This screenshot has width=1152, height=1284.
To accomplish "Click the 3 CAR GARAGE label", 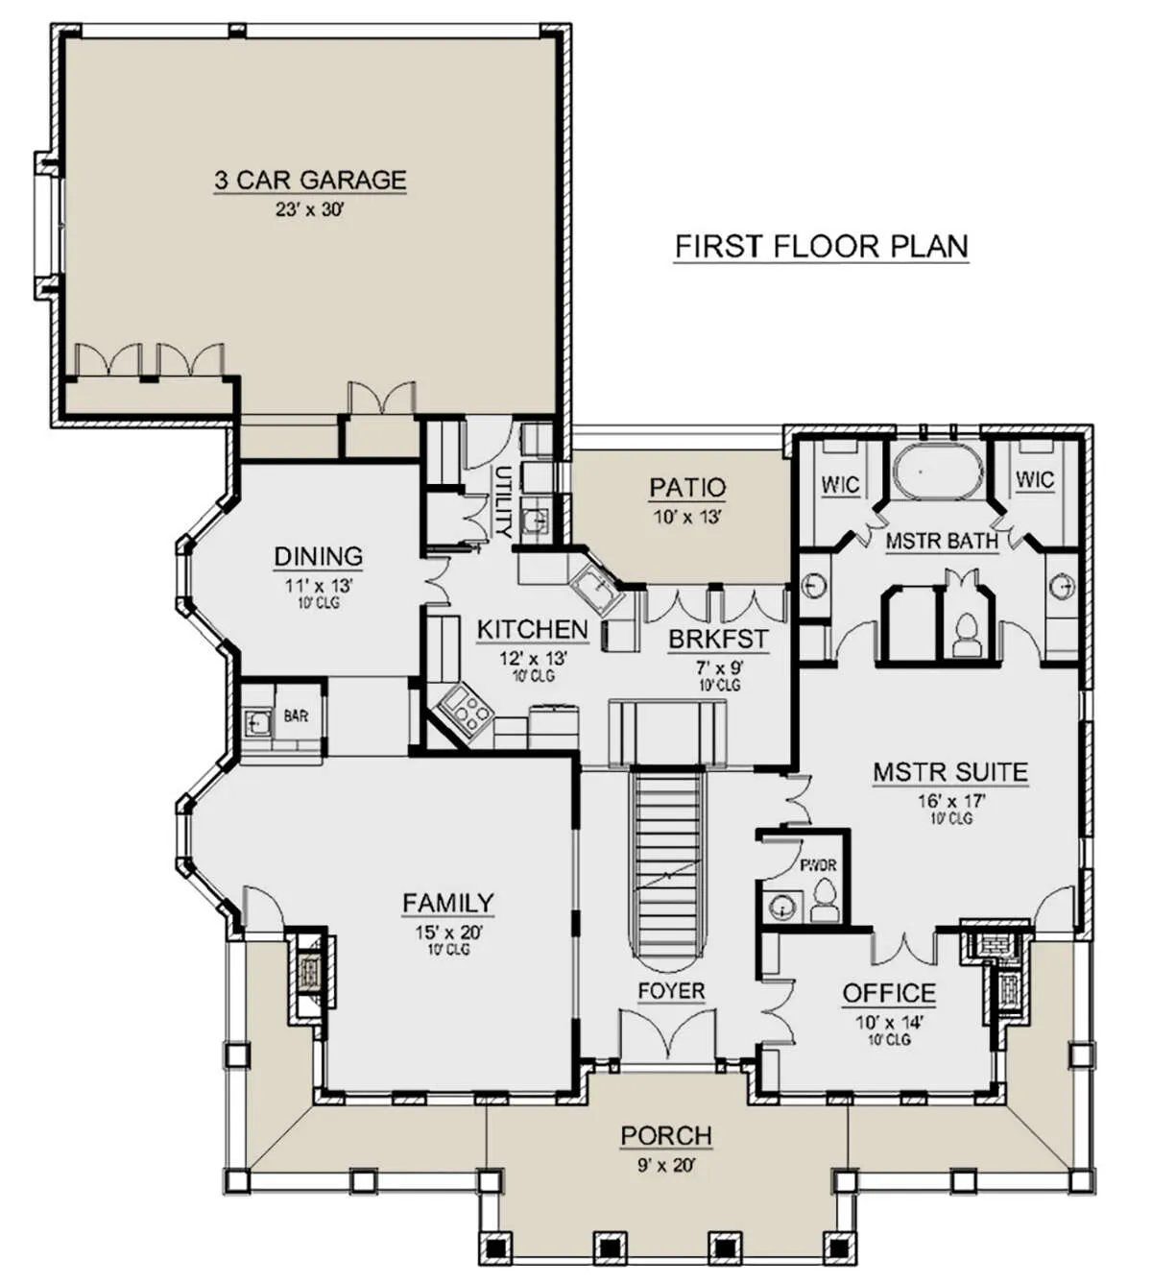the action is (x=310, y=180).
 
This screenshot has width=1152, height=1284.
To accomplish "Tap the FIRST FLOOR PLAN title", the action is (x=821, y=247).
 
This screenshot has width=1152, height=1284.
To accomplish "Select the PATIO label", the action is (x=687, y=488).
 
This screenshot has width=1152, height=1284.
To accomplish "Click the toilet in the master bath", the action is (x=967, y=636).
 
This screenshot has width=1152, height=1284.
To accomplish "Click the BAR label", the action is (x=296, y=716).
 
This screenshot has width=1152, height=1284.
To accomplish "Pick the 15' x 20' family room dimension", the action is (x=448, y=933).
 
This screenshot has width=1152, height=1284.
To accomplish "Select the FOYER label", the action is (x=671, y=991).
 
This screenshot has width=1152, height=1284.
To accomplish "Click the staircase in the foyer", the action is (x=667, y=867).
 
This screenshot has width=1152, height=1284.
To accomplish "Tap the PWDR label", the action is (x=818, y=865).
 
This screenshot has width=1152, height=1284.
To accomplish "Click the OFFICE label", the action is (x=889, y=993).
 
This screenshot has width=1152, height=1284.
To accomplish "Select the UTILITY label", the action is (x=503, y=502).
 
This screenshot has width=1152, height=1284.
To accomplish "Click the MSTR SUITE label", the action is (x=950, y=772).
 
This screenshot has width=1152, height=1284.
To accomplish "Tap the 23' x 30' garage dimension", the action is (x=309, y=209).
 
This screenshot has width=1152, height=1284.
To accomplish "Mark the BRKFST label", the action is (x=719, y=639).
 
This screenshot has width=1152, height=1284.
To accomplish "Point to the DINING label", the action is (x=318, y=556).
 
